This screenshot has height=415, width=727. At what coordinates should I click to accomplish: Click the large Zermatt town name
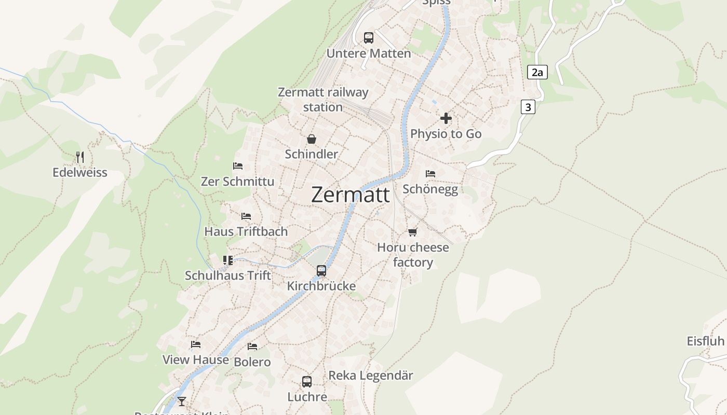coord(351,195)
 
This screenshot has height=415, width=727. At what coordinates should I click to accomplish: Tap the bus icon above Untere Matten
coord(369,37)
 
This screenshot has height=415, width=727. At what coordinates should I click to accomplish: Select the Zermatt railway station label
coord(323,100)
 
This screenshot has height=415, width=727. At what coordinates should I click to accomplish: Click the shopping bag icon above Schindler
coord(312,139)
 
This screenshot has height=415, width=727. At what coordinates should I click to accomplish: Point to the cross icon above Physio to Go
coord(446,118)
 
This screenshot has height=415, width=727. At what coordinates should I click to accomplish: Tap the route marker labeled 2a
coord(537,72)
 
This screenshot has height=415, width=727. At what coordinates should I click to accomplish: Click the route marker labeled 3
coord(528,107)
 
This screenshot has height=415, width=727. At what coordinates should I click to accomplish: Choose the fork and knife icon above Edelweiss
coord(80,157)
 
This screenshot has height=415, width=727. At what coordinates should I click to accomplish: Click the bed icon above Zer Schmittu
coord(238,166)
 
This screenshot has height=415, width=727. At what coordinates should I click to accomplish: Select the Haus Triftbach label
coord(246,231)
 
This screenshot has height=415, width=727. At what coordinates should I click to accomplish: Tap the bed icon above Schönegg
coord(430,173)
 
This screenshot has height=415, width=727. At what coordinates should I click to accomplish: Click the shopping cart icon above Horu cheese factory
coord(413,232)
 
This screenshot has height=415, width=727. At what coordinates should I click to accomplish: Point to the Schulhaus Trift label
coord(228,275)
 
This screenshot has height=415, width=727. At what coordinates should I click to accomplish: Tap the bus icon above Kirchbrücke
coord(321,270)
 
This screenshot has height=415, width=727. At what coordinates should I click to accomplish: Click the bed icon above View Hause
coord(196,344)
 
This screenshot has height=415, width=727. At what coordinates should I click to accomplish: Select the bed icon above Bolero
coord(252,346)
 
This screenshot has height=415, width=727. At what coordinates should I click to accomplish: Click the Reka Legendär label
coord(371,376)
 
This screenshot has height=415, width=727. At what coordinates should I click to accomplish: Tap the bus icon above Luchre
coord(307,382)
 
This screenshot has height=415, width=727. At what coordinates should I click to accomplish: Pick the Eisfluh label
coord(705,341)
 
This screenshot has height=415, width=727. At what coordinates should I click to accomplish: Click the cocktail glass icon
coord(182,401)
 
